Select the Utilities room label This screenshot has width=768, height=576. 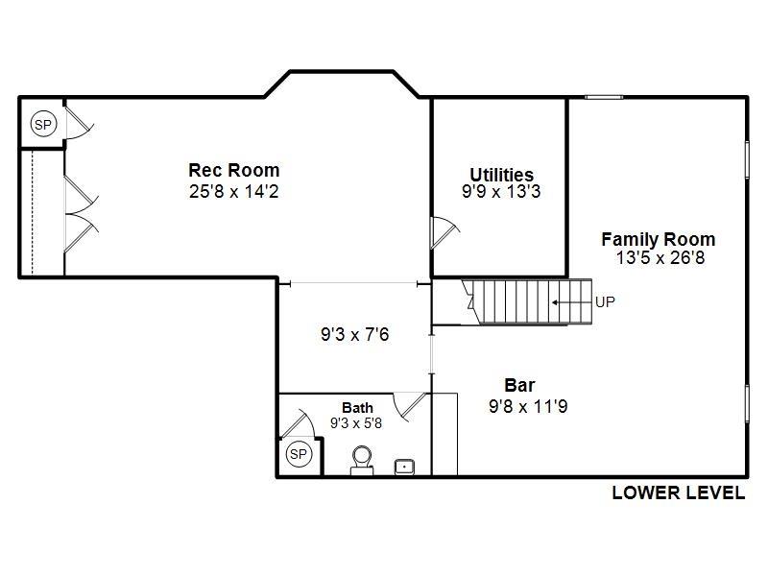coord(501,175)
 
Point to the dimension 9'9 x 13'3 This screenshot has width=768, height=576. coord(501,191)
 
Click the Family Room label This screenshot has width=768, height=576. coord(658,240)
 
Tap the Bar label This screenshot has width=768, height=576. coord(519,386)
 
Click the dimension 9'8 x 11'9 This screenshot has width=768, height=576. coord(528,406)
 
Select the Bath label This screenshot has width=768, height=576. coord(357,408)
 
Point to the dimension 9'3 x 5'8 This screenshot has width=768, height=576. coord(356,422)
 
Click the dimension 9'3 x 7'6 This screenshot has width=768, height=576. coord(354,335)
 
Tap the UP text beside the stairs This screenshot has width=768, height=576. coord(605,301)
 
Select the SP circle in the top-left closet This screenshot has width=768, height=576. coord(43,124)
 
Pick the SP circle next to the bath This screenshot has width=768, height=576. coord(298,453)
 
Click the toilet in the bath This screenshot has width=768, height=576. coord(362,459)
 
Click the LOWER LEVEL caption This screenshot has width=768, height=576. coord(678,493)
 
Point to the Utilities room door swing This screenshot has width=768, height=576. coord(444,230)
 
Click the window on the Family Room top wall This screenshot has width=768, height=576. coord(605,96)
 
